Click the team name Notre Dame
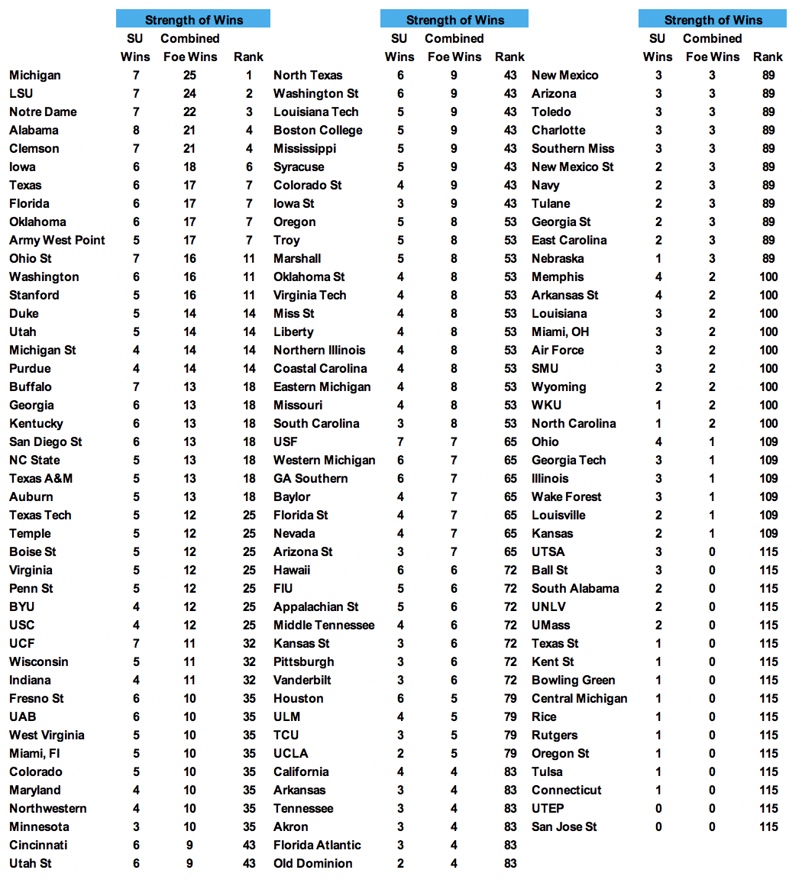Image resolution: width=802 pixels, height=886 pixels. [43, 112]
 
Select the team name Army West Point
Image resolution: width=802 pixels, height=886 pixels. [57, 240]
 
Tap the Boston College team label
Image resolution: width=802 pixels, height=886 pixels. [318, 130]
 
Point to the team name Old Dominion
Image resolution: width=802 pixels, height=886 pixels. [313, 863]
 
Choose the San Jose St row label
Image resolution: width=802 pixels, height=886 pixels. [564, 826]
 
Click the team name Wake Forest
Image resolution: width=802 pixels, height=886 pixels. [567, 496]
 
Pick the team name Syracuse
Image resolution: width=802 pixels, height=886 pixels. [299, 167]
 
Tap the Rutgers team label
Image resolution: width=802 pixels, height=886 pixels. [555, 735]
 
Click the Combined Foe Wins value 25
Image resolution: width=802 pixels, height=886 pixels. [189, 75]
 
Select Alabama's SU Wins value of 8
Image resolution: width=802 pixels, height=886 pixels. [135, 130]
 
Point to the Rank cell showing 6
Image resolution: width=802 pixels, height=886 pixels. [248, 167]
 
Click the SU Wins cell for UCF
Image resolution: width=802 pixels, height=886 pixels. [135, 643]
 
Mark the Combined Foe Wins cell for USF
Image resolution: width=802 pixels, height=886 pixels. [454, 441]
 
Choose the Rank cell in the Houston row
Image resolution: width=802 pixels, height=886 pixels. [509, 698]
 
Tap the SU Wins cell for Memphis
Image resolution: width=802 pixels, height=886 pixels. [658, 276]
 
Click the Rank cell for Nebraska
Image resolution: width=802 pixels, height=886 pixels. [768, 258]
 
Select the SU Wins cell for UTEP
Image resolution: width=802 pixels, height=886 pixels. [658, 808]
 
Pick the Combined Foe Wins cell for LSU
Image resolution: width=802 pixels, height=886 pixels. [189, 93]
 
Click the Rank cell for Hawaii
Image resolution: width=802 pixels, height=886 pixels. [509, 570]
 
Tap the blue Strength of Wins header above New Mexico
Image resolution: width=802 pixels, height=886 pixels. [713, 20]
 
